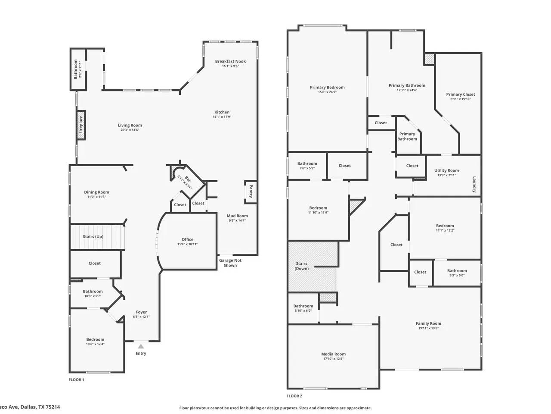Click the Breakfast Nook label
[230, 61]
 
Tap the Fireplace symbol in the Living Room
[81, 125]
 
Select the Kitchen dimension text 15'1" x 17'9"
[222, 117]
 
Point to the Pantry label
[251, 191]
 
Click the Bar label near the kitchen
[188, 179]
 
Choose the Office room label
[188, 239]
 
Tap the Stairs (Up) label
[93, 236]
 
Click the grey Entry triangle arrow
[141, 346]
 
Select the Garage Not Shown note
[230, 263]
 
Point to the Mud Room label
[237, 216]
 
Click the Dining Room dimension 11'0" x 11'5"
[96, 197]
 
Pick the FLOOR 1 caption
[76, 379]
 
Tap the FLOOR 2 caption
[294, 396]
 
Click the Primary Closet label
[461, 94]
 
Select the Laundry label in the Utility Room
[474, 184]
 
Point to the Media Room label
[333, 354]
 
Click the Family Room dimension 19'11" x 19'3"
[428, 328]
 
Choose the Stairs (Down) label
[302, 266]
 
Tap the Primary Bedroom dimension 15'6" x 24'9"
[327, 92]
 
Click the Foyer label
[141, 312]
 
